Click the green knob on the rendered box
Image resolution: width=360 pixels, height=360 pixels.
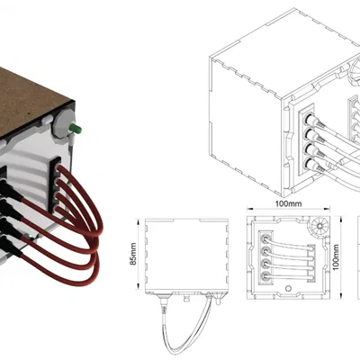click(78, 129)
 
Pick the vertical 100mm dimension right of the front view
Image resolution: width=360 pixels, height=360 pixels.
click(337, 256)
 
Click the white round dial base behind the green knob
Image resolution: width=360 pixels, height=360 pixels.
click(66, 126)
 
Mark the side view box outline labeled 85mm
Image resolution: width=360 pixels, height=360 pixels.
click(180, 256)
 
